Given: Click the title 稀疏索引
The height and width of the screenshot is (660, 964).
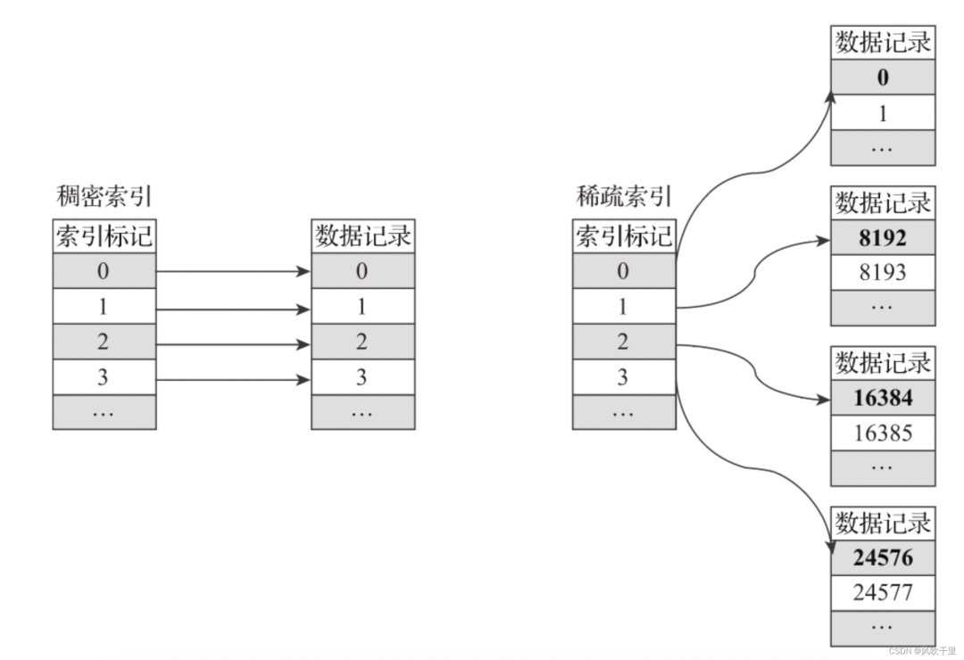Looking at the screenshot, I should [623, 196].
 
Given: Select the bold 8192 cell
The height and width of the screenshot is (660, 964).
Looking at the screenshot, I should [883, 238].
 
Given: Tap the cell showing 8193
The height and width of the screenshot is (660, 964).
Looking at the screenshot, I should [883, 272].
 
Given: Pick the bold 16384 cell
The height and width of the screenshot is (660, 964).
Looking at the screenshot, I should [883, 399].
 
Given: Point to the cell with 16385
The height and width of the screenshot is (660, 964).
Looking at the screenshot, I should [883, 433].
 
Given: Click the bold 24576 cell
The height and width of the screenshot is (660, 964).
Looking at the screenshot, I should [883, 558].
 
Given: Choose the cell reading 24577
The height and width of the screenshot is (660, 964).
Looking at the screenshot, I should [883, 592].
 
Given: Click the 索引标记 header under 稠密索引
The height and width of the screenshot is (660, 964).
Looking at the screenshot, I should [104, 236].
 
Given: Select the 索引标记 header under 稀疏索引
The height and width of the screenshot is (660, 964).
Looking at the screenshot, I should [623, 236].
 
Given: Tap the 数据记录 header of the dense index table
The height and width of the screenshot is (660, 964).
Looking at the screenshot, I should [362, 236].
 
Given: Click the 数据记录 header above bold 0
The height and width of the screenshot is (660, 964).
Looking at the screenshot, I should [883, 43].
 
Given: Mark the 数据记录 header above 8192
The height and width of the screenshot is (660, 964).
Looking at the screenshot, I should [883, 202].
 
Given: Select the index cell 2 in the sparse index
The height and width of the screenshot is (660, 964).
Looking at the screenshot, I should [623, 342].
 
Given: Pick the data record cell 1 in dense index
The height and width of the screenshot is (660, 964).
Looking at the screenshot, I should [362, 307].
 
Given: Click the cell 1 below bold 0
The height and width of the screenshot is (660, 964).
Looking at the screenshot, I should [883, 112].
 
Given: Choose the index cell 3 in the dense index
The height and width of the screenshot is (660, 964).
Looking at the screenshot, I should [104, 377].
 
